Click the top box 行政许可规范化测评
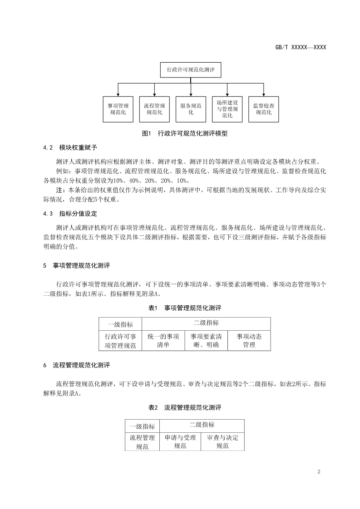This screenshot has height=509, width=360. click(x=191, y=70)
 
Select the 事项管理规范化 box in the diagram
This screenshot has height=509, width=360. click(x=118, y=109)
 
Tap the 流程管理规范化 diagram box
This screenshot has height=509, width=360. click(x=154, y=109)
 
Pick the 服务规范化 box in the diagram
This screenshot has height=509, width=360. click(x=191, y=109)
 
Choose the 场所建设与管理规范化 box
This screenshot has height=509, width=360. click(x=227, y=109)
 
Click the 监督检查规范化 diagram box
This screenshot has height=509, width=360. click(x=264, y=109)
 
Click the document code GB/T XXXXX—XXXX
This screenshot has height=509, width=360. click(x=301, y=47)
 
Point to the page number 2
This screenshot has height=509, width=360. click(x=319, y=471)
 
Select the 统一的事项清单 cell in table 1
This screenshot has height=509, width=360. click(x=163, y=341)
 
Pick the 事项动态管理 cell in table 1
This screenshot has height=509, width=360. click(x=249, y=341)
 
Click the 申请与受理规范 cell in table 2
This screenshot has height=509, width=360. click(x=180, y=441)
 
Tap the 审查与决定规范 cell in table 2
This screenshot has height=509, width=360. click(x=222, y=441)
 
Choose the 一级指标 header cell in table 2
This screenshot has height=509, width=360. click(x=142, y=426)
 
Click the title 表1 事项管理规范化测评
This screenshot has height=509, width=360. click(x=184, y=308)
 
